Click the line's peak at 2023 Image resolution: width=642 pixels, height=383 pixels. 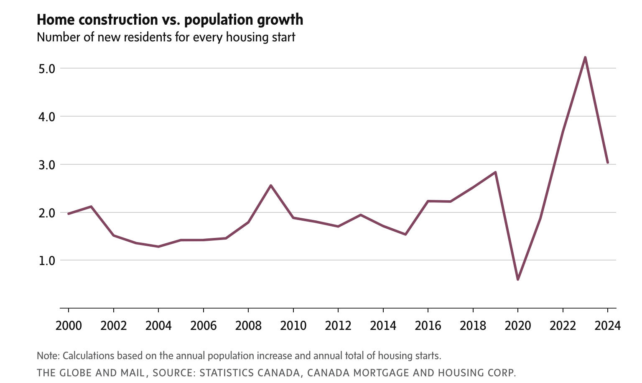pyautogui.click(x=585, y=57)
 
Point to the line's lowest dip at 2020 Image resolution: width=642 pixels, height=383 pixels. pyautogui.click(x=518, y=279)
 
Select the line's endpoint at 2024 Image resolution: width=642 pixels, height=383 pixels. pyautogui.click(x=608, y=163)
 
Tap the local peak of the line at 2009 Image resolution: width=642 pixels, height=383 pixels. pyautogui.click(x=271, y=185)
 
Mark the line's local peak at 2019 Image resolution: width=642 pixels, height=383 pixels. pyautogui.click(x=495, y=172)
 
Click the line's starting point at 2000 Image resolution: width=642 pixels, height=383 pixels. pyautogui.click(x=69, y=214)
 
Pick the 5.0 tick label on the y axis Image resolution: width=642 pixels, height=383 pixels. pyautogui.click(x=47, y=69)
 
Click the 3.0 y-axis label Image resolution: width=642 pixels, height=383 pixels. pyautogui.click(x=47, y=165)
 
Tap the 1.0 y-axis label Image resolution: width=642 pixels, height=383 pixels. pyautogui.click(x=47, y=260)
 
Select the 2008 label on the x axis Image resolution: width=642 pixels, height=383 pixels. pyautogui.click(x=248, y=325)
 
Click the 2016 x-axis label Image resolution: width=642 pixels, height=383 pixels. pyautogui.click(x=428, y=325)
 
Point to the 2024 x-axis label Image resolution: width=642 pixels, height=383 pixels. pyautogui.click(x=607, y=325)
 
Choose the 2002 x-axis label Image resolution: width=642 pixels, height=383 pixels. pyautogui.click(x=114, y=325)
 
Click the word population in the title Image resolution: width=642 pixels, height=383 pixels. pyautogui.click(x=215, y=20)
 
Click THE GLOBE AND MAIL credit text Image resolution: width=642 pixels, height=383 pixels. pyautogui.click(x=91, y=373)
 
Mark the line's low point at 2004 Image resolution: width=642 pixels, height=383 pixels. pyautogui.click(x=158, y=247)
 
